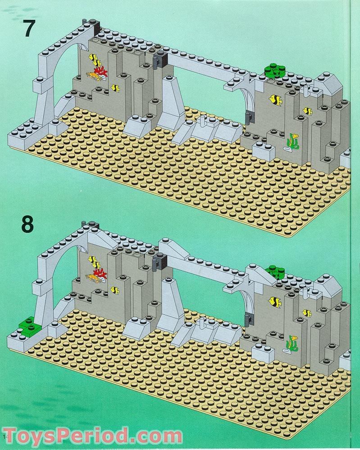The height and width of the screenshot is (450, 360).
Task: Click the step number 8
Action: click(27, 224)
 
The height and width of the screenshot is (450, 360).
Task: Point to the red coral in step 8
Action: click(102, 272)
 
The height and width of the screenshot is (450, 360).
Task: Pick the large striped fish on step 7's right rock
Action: click(274, 100)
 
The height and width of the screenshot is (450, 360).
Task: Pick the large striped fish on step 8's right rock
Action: click(274, 302)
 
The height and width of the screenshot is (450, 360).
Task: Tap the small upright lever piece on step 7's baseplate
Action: click(203, 121)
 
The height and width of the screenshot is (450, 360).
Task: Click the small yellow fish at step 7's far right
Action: click(308, 110)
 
